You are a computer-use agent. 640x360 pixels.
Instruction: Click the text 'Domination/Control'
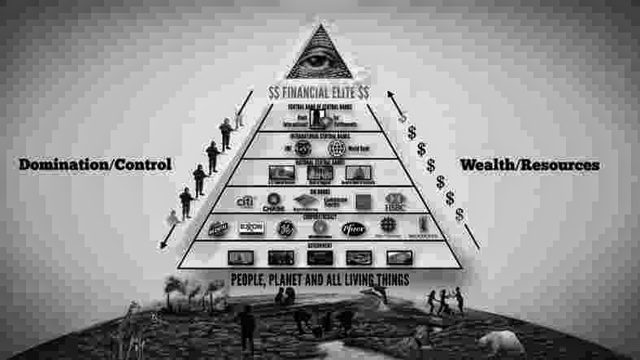point(95,165)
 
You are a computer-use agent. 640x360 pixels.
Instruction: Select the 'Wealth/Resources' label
point(529,165)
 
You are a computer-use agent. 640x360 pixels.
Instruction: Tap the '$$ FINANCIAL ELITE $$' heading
point(320,94)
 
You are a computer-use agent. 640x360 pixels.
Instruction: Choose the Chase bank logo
point(274,202)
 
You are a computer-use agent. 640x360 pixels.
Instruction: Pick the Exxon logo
point(250,228)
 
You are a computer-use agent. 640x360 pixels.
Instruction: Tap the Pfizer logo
point(353,228)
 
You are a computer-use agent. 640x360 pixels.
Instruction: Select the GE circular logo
point(284,228)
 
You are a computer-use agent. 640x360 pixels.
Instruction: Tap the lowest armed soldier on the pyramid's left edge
point(186,202)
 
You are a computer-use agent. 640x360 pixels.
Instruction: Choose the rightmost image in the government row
point(399,258)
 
